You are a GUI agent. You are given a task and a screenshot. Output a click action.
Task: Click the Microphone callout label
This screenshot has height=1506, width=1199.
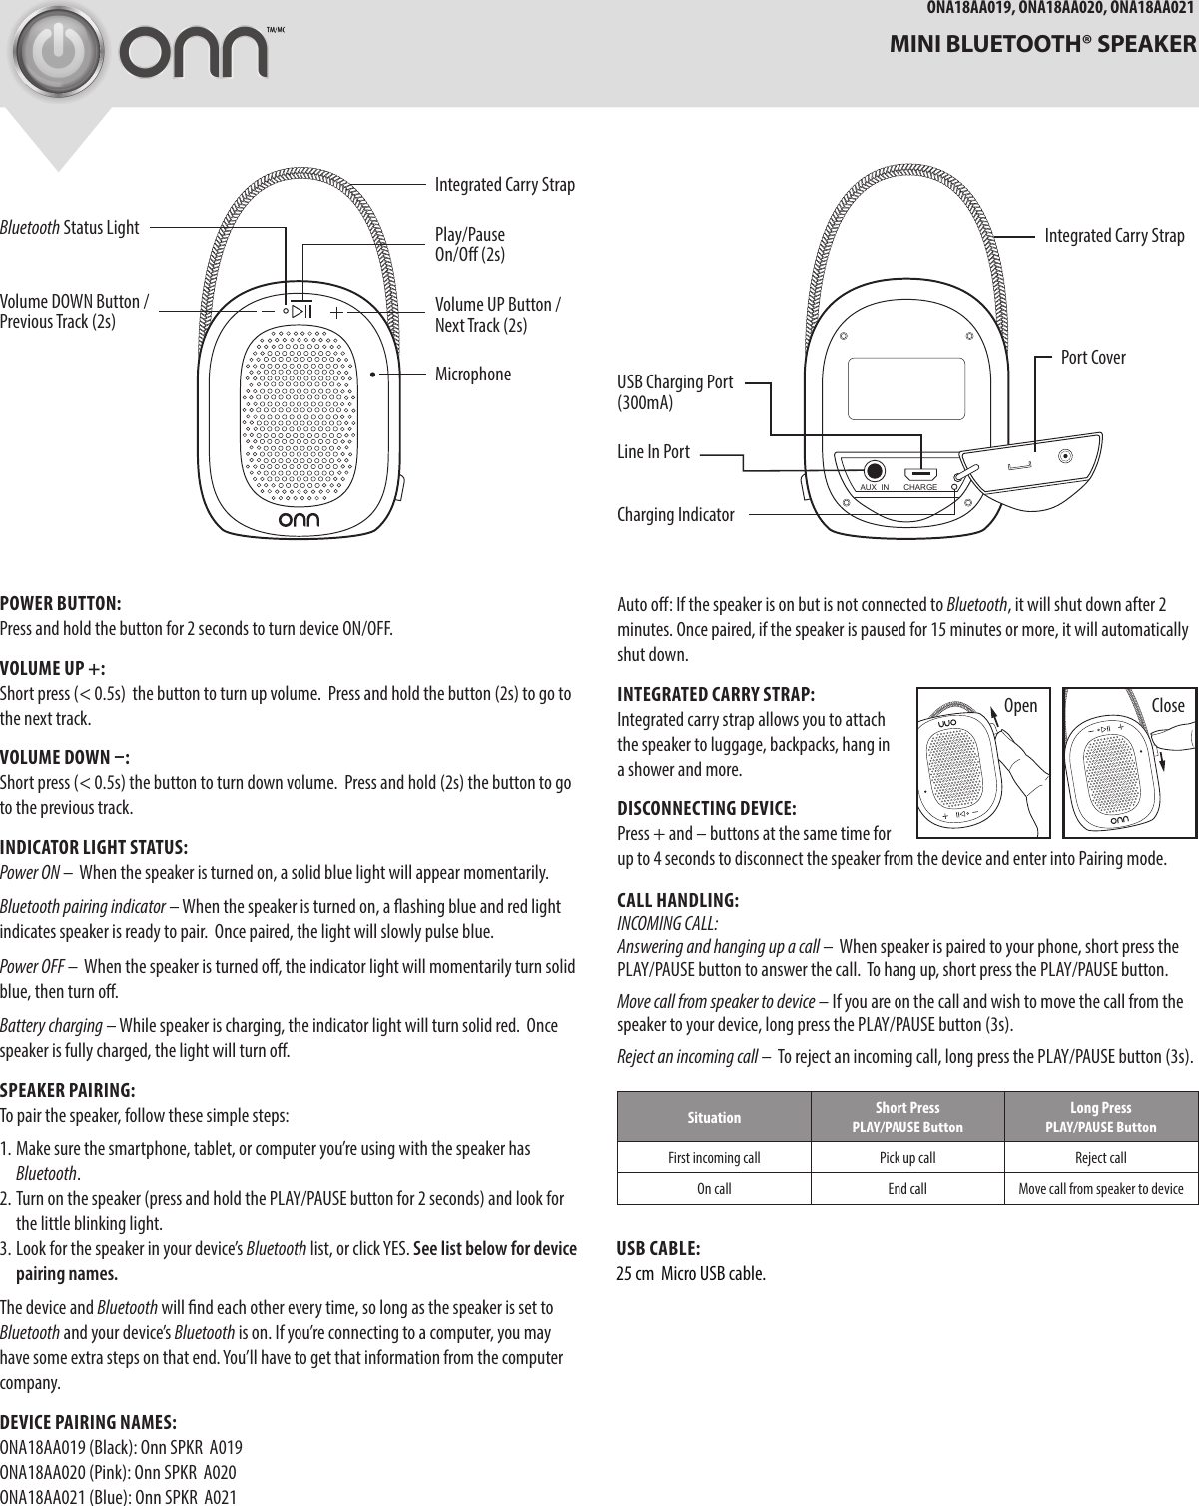[472, 375]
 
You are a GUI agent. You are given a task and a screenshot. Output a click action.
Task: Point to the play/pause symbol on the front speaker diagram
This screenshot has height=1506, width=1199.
[301, 311]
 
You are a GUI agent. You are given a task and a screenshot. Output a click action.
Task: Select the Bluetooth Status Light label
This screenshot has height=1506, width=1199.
[70, 228]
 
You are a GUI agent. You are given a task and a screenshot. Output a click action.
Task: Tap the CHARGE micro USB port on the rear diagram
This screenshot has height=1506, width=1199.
[920, 474]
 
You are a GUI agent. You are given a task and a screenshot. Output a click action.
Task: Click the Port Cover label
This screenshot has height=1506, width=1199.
[1093, 357]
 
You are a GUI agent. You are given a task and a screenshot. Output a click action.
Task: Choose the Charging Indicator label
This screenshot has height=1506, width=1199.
[675, 515]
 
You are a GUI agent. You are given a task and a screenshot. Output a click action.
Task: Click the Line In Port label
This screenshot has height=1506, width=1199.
[653, 452]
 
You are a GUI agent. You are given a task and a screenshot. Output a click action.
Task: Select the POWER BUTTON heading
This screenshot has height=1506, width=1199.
[61, 604]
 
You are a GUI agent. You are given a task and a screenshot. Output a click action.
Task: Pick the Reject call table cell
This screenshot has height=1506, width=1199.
[1100, 1158]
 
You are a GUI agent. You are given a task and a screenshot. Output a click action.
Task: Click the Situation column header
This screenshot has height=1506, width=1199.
[714, 1117]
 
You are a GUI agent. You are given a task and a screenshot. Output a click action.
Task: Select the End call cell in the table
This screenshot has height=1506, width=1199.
[906, 1189]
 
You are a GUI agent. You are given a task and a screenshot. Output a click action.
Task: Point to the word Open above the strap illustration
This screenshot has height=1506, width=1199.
[1020, 706]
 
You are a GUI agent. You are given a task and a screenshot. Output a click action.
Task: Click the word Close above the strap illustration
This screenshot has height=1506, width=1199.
[1167, 706]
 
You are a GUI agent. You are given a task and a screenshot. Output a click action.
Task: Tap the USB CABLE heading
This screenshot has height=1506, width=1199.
[658, 1249]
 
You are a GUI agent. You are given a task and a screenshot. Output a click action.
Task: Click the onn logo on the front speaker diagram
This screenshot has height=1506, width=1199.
[300, 520]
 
